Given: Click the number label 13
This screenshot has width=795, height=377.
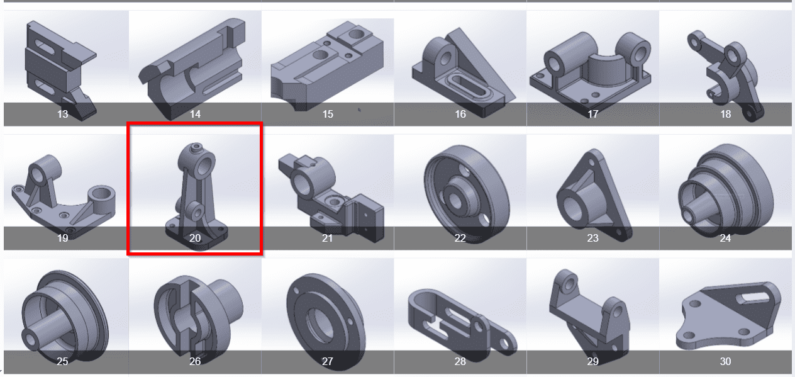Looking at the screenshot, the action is pos(62,114).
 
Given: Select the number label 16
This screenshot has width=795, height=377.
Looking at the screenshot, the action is pos(460,114).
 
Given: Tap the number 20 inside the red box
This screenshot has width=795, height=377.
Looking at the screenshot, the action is pos(195,238).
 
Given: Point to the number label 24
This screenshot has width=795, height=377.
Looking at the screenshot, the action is pos(725,238).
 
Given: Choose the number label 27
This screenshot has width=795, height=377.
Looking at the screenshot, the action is pos(327,361).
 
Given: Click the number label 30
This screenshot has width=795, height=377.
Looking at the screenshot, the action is pos(725,361).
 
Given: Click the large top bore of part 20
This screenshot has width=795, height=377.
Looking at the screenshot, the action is pos(205,164).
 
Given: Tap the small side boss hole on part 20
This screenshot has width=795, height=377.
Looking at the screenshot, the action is pos(197,213).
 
